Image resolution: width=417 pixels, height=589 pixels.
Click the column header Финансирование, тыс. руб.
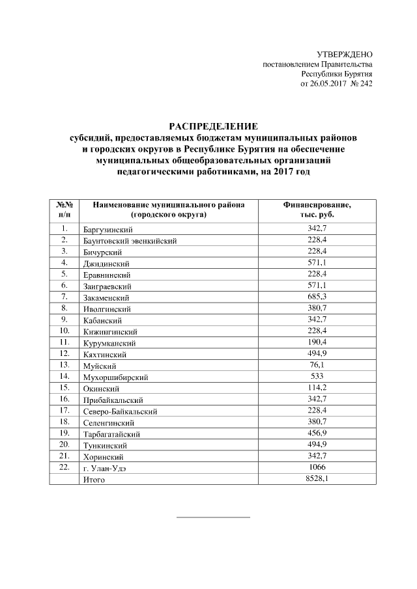(x=317, y=209)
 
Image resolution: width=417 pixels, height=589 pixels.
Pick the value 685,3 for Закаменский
(x=317, y=297)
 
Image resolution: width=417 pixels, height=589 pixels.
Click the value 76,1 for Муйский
(x=317, y=365)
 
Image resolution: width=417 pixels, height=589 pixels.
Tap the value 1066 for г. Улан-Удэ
(x=317, y=467)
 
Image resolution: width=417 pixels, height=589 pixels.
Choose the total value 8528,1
(x=317, y=479)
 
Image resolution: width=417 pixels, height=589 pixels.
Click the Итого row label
(x=93, y=480)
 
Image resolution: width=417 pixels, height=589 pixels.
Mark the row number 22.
(x=64, y=467)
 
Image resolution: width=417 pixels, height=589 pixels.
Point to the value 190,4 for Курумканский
(x=317, y=342)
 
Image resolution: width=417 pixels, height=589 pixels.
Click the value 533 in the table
(x=317, y=376)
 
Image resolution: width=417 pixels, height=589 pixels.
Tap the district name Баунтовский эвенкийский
(x=130, y=241)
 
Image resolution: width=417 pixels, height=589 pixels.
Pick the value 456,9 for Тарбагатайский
(x=317, y=433)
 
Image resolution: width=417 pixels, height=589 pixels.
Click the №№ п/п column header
(x=65, y=209)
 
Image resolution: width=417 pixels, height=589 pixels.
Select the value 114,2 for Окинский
(x=317, y=388)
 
